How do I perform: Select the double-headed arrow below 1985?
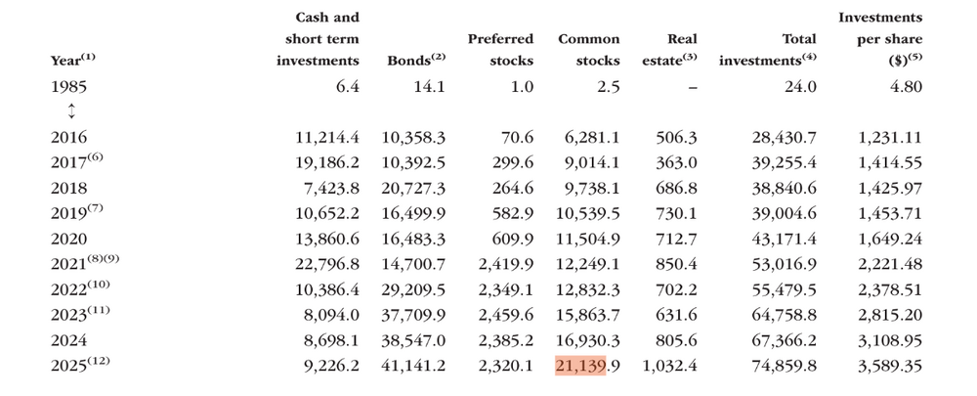coord(71,111)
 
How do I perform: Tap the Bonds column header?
coord(416,60)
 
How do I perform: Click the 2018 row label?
coord(68,189)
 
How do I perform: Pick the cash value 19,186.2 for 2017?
coord(327,163)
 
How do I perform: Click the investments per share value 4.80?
coord(906,86)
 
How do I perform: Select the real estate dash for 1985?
coord(693,87)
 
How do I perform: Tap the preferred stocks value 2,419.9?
coord(506,264)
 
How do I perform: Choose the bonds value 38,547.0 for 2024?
coord(413,340)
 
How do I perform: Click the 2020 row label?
coord(68,239)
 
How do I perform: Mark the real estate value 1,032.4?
coord(669,366)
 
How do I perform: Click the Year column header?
coord(73,60)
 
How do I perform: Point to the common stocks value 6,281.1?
coord(592,137)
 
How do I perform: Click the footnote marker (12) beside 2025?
coord(98,360)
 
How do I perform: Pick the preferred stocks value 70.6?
coord(517,137)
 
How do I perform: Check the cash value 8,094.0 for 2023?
coord(331,316)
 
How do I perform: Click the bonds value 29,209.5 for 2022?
coord(413,290)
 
